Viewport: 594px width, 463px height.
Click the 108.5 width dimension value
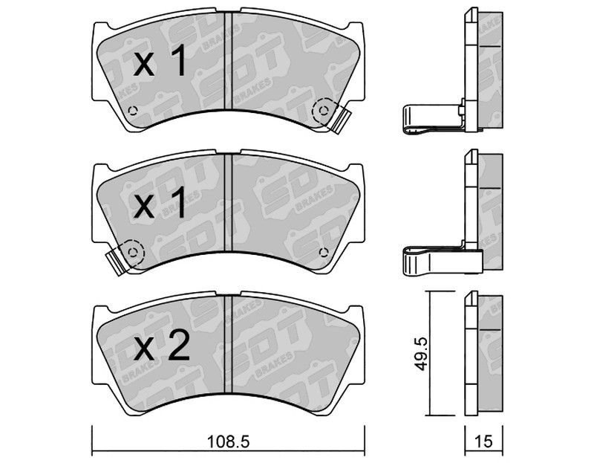(x=228, y=441)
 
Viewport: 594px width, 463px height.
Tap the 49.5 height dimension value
(x=420, y=354)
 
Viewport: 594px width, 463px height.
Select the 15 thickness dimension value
(x=484, y=441)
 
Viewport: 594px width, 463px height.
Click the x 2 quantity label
(x=162, y=344)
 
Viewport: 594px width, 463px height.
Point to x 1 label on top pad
(x=160, y=60)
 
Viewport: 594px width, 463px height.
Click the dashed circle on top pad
(x=323, y=110)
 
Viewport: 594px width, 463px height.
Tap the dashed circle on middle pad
(x=133, y=252)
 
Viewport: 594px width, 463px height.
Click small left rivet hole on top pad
(x=132, y=110)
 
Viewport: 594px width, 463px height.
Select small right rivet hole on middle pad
(x=323, y=252)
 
